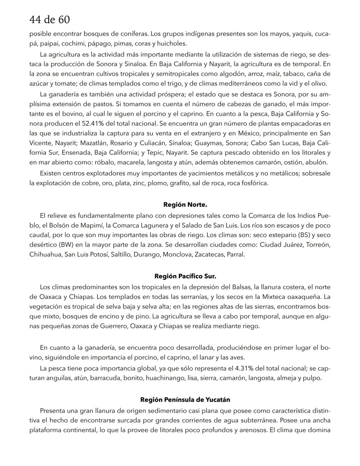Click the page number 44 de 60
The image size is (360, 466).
tap(50, 20)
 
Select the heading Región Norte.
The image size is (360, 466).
tap(185, 204)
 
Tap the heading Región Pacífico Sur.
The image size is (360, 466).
tap(185, 276)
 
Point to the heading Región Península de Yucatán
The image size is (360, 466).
tap(185, 400)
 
